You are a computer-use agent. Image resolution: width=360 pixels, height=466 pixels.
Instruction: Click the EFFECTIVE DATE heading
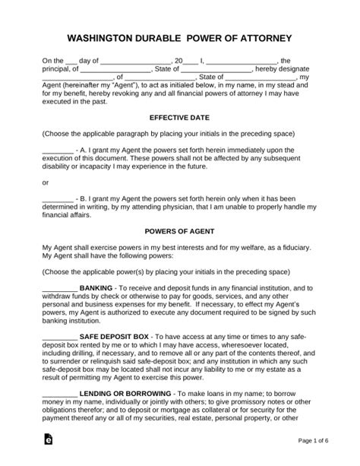[179, 118]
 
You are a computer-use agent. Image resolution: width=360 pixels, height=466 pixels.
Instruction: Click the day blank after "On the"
[71, 59]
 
